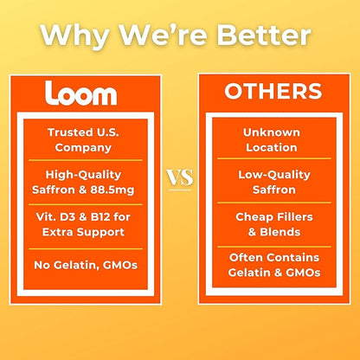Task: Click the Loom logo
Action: coord(80,93)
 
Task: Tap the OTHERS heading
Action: coord(273,92)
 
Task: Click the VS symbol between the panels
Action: coord(180,177)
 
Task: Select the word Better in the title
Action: coord(264,35)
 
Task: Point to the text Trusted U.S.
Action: coord(83,132)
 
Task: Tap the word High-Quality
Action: coord(83,175)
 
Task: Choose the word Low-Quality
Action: coord(274,175)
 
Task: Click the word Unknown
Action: coord(272,132)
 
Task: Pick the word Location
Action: coord(272,147)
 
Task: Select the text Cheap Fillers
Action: coord(274,216)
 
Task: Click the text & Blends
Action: coord(274,232)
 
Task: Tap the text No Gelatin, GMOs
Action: coord(86,265)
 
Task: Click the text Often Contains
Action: coord(274,257)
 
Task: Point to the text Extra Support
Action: coord(83,232)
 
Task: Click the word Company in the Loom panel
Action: coord(83,148)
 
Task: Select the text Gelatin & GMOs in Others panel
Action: coord(274,273)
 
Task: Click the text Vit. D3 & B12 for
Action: coord(83,216)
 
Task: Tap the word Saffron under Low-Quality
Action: coord(274,190)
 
